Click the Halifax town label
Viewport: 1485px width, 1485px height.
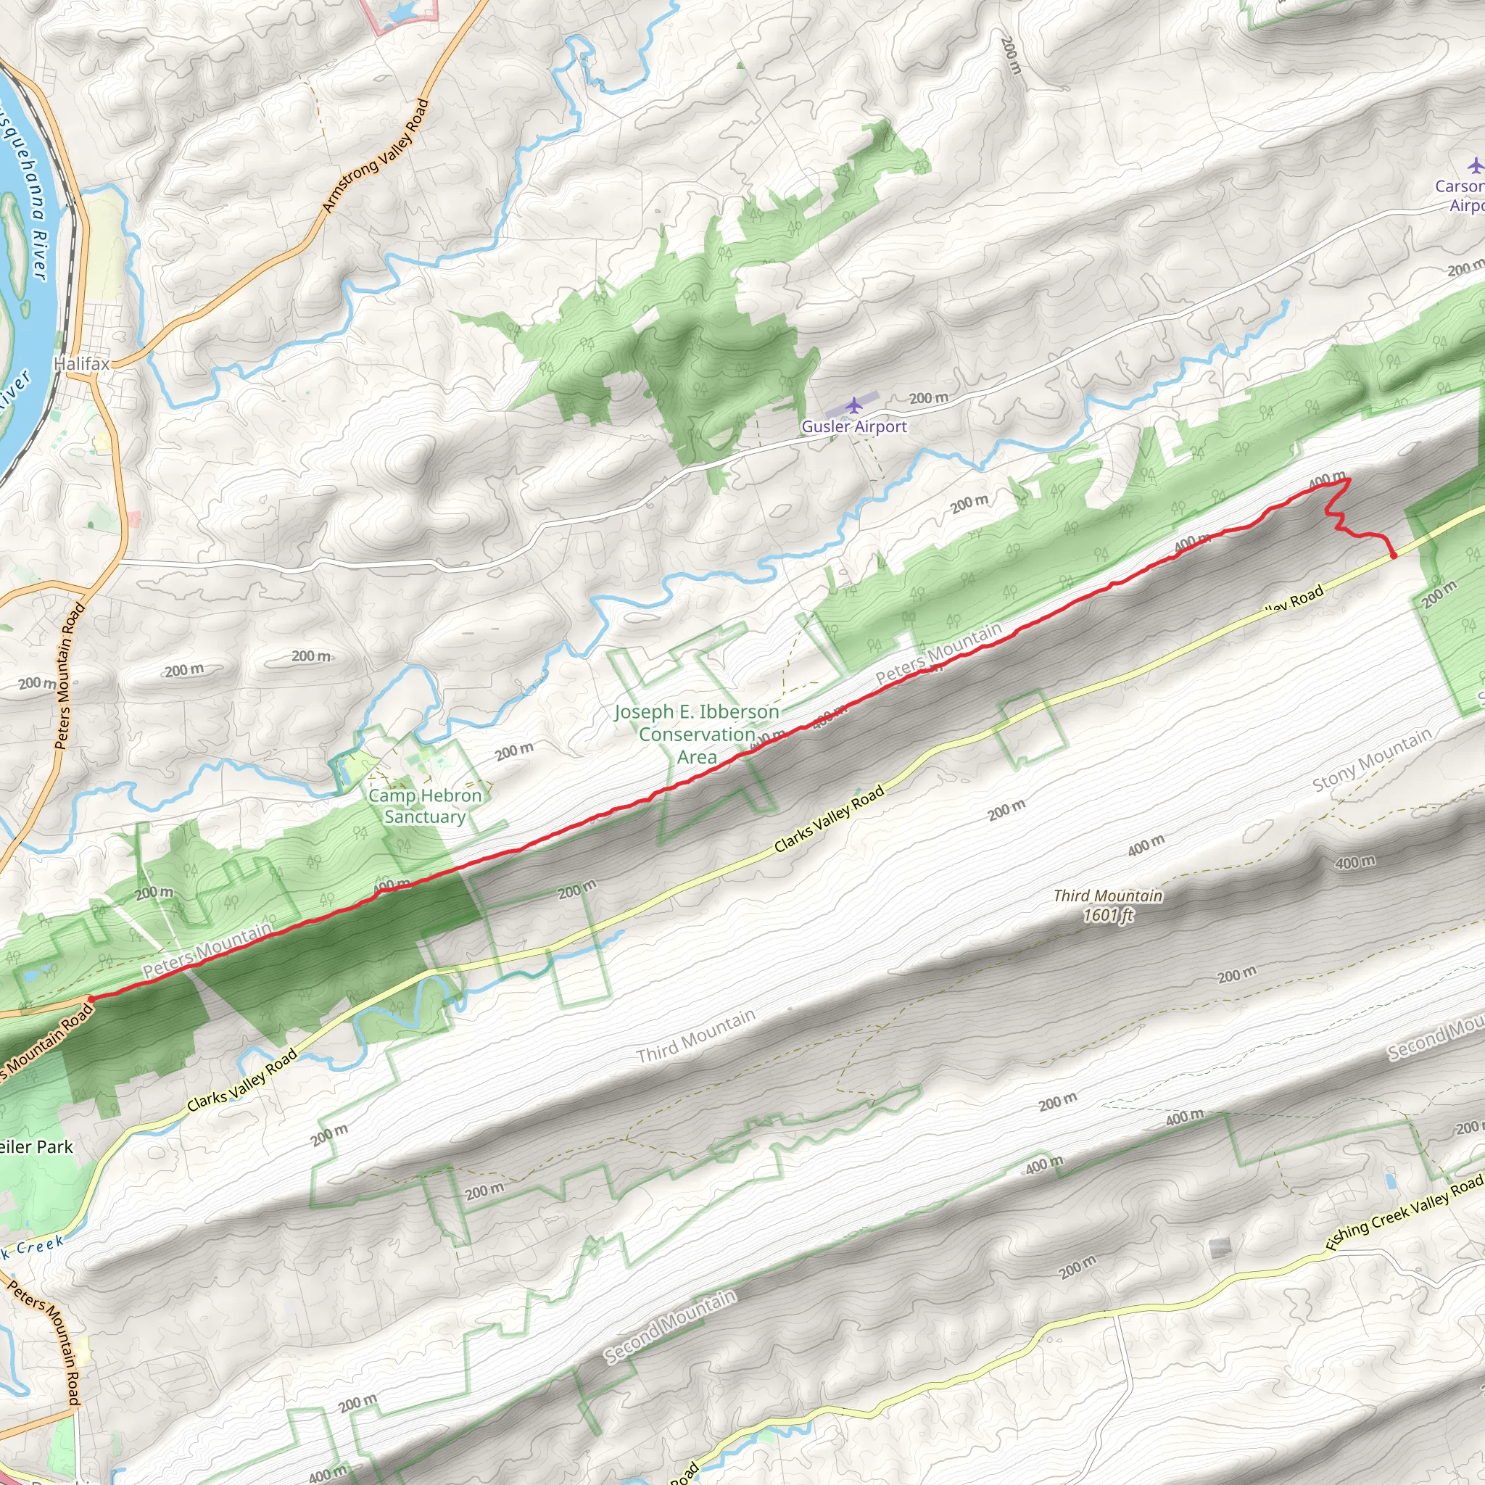[x=82, y=363]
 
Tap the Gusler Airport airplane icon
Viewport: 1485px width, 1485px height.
[x=853, y=405]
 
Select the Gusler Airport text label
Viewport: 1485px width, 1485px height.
[x=854, y=426]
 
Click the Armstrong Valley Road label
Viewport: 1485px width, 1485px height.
[x=375, y=156]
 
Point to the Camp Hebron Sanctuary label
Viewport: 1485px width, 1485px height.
[x=425, y=806]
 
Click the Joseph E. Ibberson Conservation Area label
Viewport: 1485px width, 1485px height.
[x=697, y=734]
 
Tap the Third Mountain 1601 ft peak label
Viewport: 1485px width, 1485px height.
[x=1108, y=905]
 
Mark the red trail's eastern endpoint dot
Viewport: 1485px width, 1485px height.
[x=1394, y=555]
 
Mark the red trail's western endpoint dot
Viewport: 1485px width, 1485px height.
[x=91, y=999]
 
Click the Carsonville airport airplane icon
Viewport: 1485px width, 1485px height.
[x=1475, y=165]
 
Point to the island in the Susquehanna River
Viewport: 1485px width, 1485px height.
[x=13, y=239]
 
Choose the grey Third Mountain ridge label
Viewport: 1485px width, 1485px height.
[x=695, y=1036]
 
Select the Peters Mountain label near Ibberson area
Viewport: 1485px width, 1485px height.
[x=938, y=653]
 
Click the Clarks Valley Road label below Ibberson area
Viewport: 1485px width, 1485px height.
[x=830, y=819]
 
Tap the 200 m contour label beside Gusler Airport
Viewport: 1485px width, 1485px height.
[x=929, y=398]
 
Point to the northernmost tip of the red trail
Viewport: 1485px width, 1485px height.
[x=1349, y=479]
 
